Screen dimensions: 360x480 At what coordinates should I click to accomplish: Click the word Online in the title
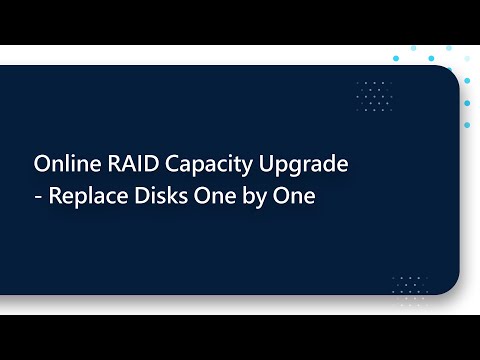[x=60, y=163]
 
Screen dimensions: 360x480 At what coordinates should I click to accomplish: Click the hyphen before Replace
[x=38, y=198]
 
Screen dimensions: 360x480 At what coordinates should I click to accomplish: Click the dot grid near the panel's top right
[x=374, y=96]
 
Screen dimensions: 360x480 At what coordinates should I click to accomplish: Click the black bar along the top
[x=240, y=22]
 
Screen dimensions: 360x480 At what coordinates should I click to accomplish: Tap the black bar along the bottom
[x=240, y=337]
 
